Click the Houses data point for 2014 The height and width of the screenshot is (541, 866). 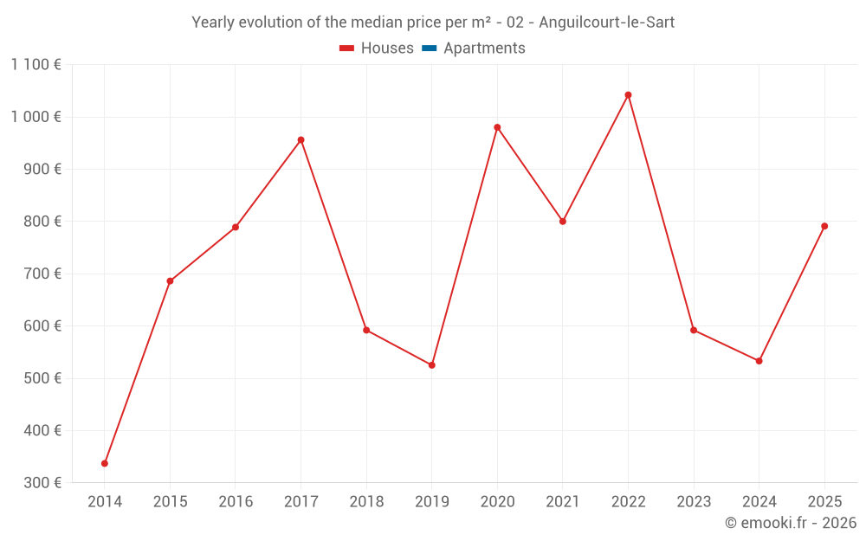(105, 463)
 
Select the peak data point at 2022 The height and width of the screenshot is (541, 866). (628, 95)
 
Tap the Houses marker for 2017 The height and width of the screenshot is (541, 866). (301, 140)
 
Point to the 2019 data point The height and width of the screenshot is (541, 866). (431, 365)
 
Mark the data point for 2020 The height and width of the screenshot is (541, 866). (497, 127)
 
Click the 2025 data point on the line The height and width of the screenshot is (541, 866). (824, 226)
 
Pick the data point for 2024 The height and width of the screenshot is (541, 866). (759, 361)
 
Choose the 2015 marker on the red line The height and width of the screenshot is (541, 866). (170, 281)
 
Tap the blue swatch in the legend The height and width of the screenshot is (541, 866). (429, 48)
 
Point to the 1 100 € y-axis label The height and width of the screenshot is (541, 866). (36, 65)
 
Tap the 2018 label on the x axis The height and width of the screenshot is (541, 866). (366, 502)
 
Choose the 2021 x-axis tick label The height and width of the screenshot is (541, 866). (563, 502)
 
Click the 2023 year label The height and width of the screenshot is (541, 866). (694, 502)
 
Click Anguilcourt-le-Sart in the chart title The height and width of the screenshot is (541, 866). (606, 23)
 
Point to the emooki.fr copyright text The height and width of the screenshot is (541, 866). (791, 523)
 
